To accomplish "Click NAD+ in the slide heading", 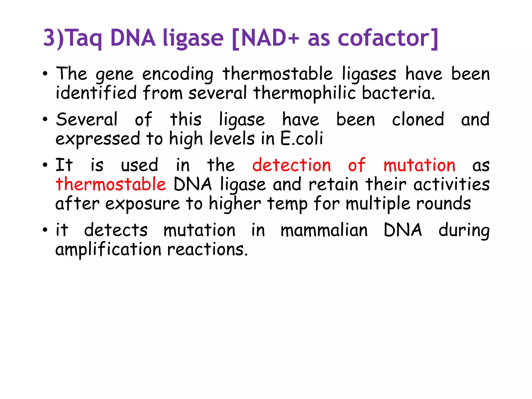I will coord(270,38).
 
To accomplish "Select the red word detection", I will coord(291,165).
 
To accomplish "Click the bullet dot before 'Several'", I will coord(45,120).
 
